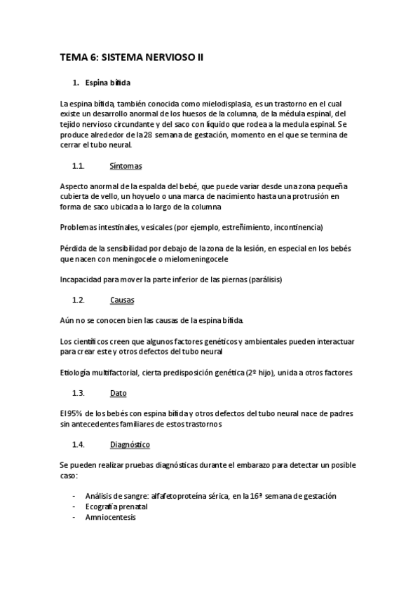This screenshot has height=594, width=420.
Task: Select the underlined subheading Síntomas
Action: pyautogui.click(x=126, y=167)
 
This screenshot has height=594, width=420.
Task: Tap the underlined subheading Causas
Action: pyautogui.click(x=122, y=300)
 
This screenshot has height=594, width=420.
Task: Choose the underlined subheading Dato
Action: pyautogui.click(x=118, y=394)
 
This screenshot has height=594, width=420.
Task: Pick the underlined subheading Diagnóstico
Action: pyautogui.click(x=130, y=445)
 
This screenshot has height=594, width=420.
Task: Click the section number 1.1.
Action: pyautogui.click(x=78, y=167)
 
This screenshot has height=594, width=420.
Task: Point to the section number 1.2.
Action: pyautogui.click(x=78, y=300)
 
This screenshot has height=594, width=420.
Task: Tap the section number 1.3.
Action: pyautogui.click(x=78, y=394)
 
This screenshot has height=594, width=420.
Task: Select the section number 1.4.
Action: pyautogui.click(x=78, y=445)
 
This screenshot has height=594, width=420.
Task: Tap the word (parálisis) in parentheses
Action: pyautogui.click(x=260, y=279)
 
